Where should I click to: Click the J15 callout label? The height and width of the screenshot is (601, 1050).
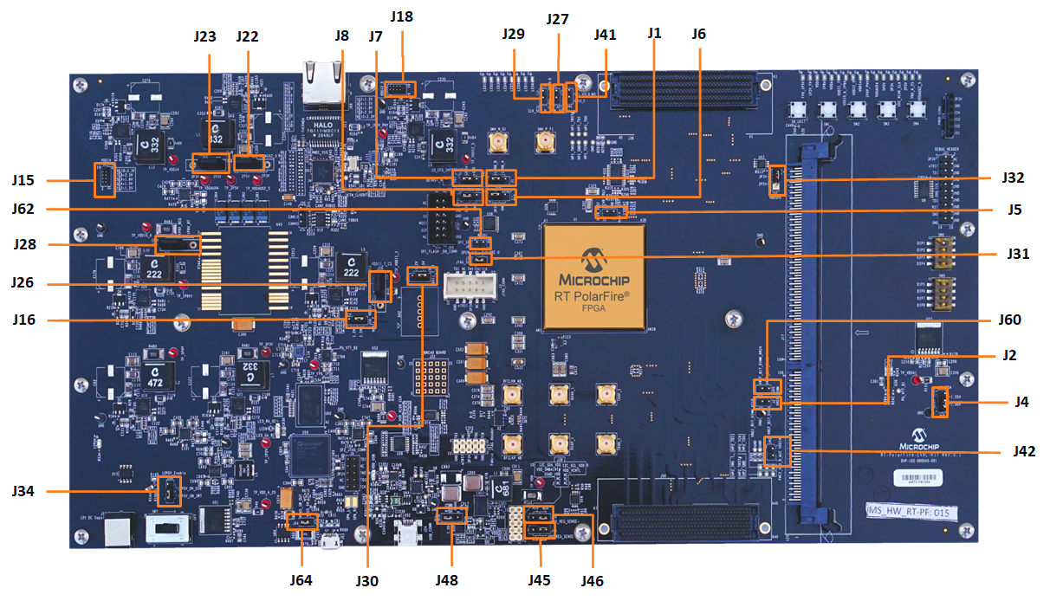(23, 180)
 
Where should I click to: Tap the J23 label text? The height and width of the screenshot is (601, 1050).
(205, 36)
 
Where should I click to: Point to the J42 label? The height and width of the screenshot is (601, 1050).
(1025, 451)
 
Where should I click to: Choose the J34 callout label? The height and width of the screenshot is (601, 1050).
(23, 491)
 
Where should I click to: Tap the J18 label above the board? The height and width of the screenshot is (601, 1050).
(402, 16)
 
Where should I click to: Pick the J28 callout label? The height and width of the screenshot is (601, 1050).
(25, 244)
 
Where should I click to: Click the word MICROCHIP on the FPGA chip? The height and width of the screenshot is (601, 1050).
(593, 281)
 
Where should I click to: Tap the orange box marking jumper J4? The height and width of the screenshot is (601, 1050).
(938, 402)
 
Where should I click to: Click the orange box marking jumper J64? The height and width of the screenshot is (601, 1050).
(302, 521)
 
